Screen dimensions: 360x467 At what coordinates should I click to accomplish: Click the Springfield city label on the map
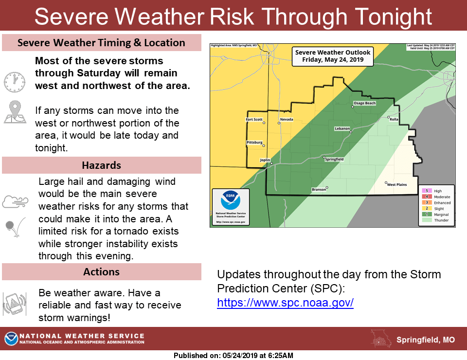coord(335,160)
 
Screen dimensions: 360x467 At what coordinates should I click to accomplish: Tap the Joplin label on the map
coord(265,160)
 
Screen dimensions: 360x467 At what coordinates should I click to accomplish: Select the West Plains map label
coord(396,185)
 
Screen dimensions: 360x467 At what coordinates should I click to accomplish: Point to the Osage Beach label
coord(364,104)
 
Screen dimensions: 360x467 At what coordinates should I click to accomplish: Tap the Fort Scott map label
coord(254,120)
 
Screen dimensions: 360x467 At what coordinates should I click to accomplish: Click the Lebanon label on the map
coord(342,128)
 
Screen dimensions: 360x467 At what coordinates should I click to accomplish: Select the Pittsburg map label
coord(254,143)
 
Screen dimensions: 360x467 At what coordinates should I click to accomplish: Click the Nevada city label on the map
coord(287,120)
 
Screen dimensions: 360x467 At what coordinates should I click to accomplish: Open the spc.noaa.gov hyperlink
coord(285,303)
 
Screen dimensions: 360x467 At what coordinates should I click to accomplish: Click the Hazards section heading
coord(101,165)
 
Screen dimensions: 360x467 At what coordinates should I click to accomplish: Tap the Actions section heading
coord(101,271)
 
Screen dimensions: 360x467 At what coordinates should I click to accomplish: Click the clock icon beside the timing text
coord(14,81)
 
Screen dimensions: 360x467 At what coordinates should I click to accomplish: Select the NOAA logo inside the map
coord(230,201)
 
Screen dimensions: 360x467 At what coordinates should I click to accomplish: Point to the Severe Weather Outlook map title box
coord(333,56)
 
